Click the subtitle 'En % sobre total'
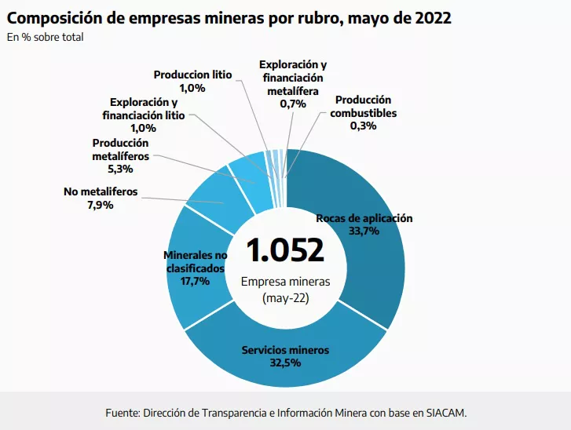[x=45, y=37]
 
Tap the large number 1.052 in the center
[x=284, y=250]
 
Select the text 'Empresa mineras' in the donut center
[x=284, y=282]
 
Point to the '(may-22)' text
[x=284, y=298]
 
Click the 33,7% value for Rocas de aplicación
[x=364, y=231]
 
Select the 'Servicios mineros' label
[x=285, y=350]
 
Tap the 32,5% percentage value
[x=285, y=363]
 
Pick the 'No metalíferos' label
[x=100, y=191]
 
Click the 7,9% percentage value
[x=100, y=205]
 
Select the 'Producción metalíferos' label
[x=120, y=150]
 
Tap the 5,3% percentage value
[x=120, y=168]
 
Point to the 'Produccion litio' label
[x=192, y=75]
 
